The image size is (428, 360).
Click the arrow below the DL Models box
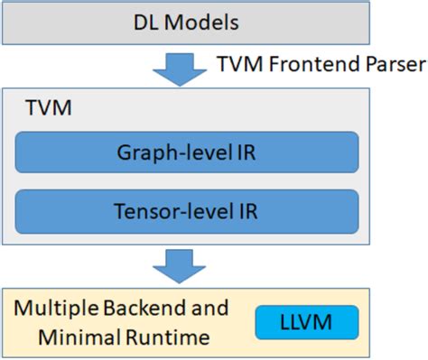click(186, 66)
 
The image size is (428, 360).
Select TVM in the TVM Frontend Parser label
click(239, 66)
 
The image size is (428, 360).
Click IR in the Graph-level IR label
click(246, 151)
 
